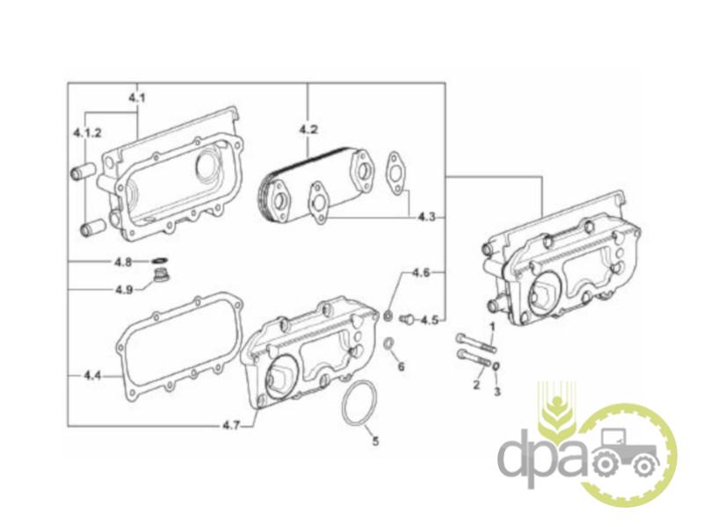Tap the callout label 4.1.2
coord(87,133)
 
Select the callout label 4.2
coord(308,130)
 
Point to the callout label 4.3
coord(427,216)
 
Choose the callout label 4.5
coord(428,320)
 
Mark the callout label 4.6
coord(421,273)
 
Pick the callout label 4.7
coord(231,425)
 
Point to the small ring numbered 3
coord(497,366)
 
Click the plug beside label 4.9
coord(160,279)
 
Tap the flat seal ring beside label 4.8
coord(160,261)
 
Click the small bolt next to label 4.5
coord(406,318)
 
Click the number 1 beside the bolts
coord(492,327)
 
